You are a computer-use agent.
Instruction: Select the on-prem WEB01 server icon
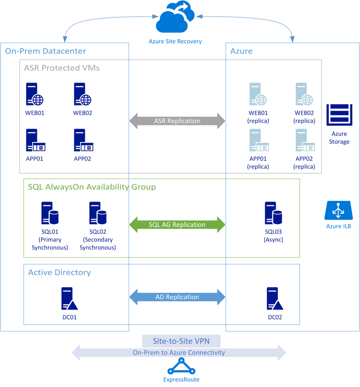[34, 94]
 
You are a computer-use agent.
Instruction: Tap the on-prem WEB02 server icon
[82, 94]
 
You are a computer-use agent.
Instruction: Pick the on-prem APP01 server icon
[35, 140]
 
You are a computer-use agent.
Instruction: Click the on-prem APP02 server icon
[83, 140]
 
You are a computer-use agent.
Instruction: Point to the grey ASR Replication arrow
[177, 121]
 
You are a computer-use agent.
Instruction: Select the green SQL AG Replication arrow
[177, 224]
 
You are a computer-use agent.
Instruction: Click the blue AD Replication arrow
[177, 297]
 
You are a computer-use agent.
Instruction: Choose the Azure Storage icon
[339, 115]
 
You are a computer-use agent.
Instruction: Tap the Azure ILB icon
[338, 210]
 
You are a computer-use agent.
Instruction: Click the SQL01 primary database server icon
[50, 213]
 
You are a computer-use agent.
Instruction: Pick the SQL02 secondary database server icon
[97, 213]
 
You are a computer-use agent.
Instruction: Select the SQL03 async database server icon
[273, 213]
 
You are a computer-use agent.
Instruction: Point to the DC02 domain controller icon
[274, 299]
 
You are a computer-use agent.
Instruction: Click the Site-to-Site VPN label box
[181, 341]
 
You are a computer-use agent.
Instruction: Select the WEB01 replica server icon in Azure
[258, 94]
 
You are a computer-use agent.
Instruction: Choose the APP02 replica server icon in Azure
[304, 140]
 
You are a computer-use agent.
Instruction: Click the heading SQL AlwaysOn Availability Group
[92, 187]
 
